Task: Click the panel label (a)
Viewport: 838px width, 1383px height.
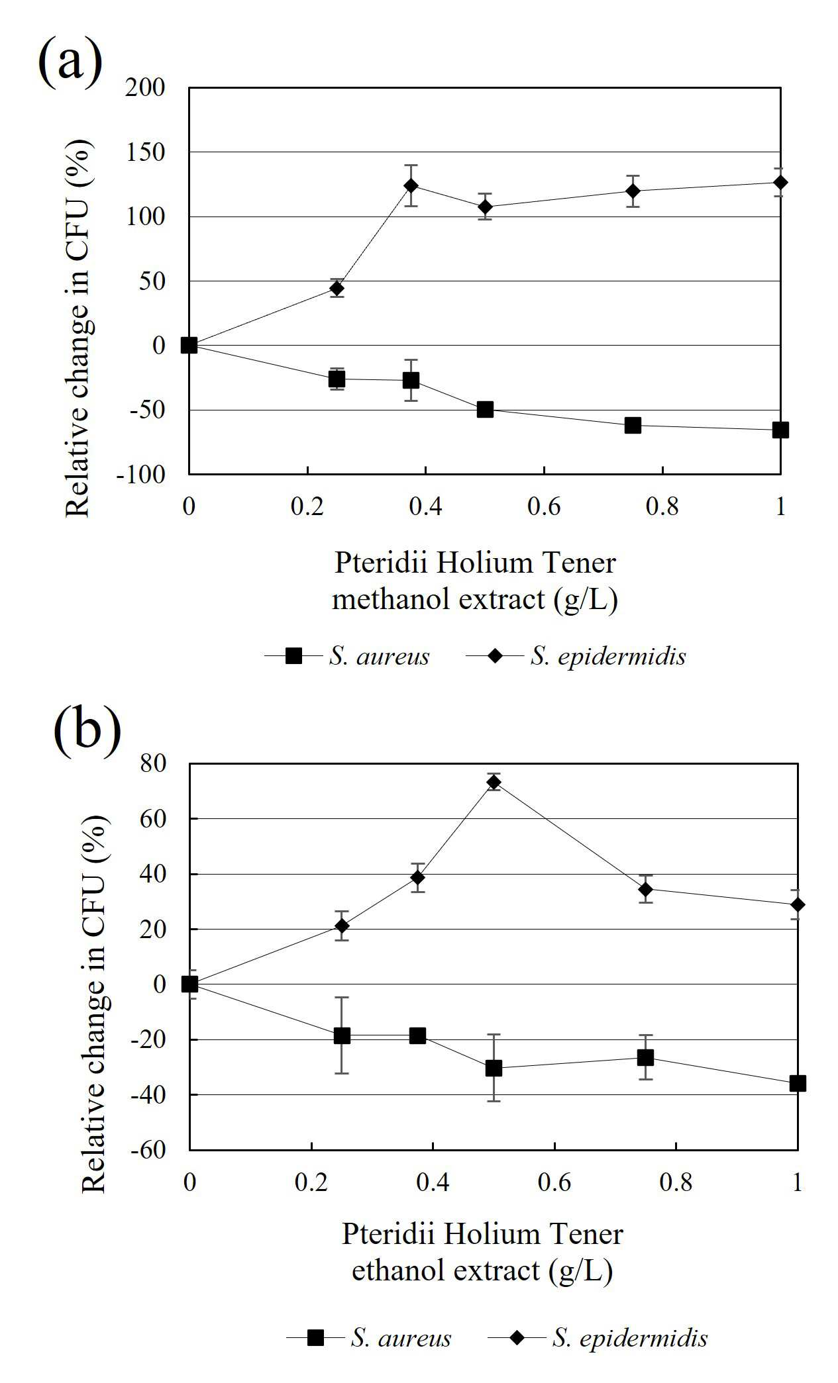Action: point(70,61)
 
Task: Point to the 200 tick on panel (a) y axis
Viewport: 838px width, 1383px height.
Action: point(145,87)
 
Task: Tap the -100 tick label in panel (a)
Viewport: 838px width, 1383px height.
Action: point(140,474)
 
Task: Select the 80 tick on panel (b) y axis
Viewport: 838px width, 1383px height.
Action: point(153,763)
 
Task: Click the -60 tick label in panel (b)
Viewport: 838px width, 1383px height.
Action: point(148,1149)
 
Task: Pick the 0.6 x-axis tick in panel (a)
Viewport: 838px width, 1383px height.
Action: point(544,506)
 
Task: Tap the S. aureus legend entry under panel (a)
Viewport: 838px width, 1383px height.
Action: point(347,656)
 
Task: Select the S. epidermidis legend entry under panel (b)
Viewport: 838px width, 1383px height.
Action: point(598,1338)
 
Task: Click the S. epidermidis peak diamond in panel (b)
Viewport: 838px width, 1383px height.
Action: point(494,782)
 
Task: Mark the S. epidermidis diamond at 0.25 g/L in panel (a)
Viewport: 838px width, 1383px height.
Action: point(337,288)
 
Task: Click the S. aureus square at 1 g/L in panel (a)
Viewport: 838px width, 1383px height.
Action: point(780,430)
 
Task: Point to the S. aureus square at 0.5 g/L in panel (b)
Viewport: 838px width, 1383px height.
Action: point(494,1068)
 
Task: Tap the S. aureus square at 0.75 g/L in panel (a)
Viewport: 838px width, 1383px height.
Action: point(633,425)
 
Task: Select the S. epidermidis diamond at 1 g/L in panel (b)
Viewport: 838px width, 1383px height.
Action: point(798,904)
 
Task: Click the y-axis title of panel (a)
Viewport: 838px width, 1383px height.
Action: point(79,329)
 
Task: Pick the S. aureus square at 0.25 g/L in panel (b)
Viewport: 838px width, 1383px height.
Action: point(342,1035)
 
